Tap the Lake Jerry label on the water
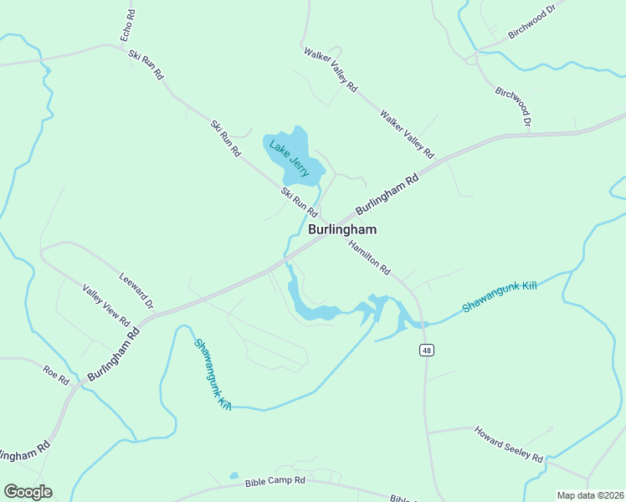pyautogui.click(x=290, y=156)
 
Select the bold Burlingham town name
pyautogui.click(x=342, y=229)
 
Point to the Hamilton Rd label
pyautogui.click(x=370, y=257)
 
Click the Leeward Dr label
pyautogui.click(x=136, y=290)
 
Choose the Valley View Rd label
pyautogui.click(x=106, y=305)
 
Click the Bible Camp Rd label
pyautogui.click(x=275, y=482)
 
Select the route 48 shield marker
pyautogui.click(x=427, y=351)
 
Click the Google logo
pyautogui.click(x=28, y=491)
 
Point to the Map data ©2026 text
pyautogui.click(x=590, y=495)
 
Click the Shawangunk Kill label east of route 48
pyautogui.click(x=499, y=297)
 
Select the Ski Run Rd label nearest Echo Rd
pyautogui.click(x=146, y=64)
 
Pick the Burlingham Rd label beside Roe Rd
pyautogui.click(x=113, y=352)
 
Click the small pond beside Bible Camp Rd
pyautogui.click(x=234, y=476)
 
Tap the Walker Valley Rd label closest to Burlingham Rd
pyautogui.click(x=407, y=134)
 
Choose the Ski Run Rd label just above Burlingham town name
pyautogui.click(x=299, y=201)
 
